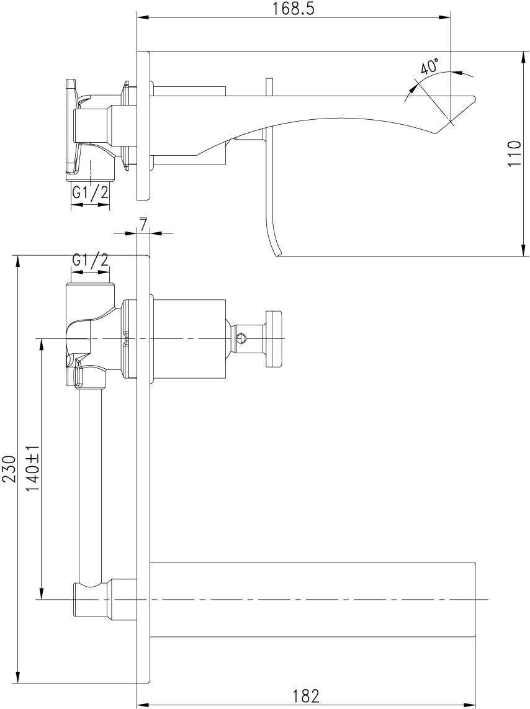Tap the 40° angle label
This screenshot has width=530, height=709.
pos(429,66)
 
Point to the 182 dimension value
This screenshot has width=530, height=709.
pos(305,696)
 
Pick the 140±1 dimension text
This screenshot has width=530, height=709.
pos(32,469)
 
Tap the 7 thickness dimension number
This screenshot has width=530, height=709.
pos(143,225)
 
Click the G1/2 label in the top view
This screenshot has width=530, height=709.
pos(90,193)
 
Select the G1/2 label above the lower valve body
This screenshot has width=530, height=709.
pos(90,260)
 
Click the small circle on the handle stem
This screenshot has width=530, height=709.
pos(241,338)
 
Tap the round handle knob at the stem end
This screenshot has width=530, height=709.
pos(274,338)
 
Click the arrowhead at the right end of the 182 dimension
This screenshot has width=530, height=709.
pos(472,705)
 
